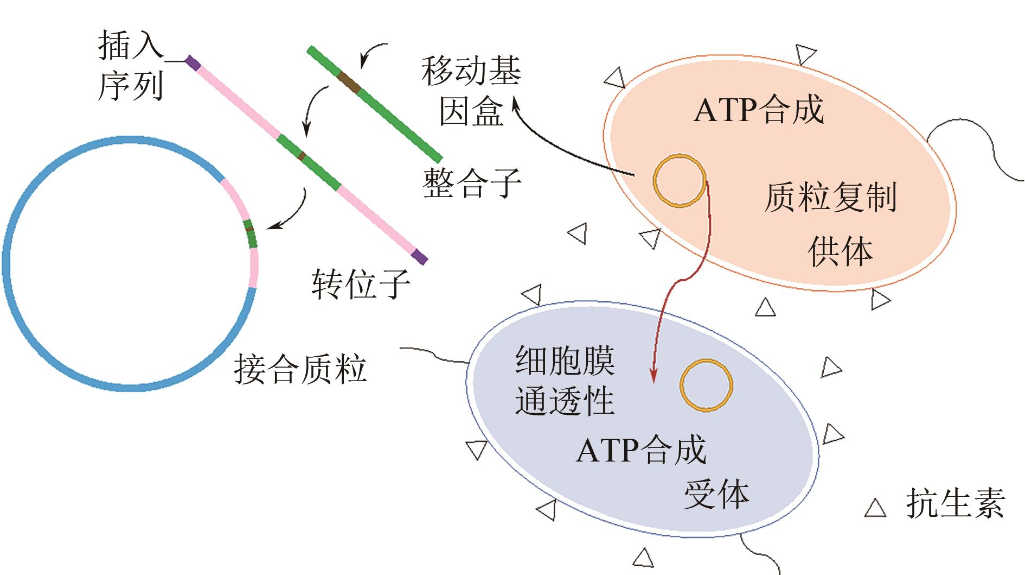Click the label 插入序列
point(130,65)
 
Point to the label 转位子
point(361,283)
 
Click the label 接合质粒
point(300,369)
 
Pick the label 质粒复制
point(830,197)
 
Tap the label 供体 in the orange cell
point(840,251)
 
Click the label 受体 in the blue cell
point(716,494)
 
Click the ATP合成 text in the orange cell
point(759,110)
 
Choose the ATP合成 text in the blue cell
point(641,450)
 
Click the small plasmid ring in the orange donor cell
point(680,181)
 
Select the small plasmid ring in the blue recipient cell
point(706,385)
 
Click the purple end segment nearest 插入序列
point(193,62)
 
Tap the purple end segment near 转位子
point(419,257)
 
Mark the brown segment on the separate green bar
point(348,82)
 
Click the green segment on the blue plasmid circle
point(250,234)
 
